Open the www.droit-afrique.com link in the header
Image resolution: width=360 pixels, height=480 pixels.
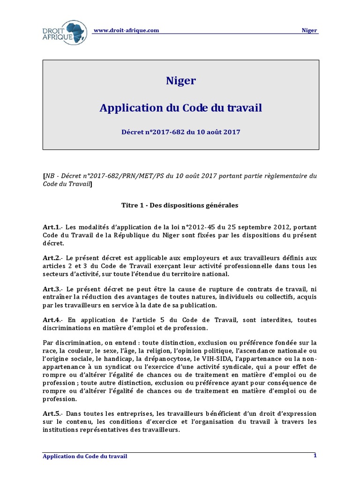click(126, 30)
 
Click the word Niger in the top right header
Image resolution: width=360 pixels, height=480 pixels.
click(309, 30)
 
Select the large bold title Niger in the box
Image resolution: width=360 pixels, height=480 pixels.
click(180, 81)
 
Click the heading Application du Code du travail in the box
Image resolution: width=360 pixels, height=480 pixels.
click(180, 108)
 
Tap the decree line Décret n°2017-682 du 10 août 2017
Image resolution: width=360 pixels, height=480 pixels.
click(180, 132)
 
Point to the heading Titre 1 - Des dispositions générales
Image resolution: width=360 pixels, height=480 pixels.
click(180, 205)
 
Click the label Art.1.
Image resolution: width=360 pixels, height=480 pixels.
click(51, 227)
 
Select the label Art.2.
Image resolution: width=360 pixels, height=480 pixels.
click(51, 257)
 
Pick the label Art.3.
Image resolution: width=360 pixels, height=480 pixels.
click(51, 288)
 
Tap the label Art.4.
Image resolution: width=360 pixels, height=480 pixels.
click(51, 319)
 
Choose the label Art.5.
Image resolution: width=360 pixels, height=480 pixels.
click(51, 413)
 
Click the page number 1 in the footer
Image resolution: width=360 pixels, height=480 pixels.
click(315, 455)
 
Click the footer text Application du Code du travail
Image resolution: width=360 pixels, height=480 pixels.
click(85, 456)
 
